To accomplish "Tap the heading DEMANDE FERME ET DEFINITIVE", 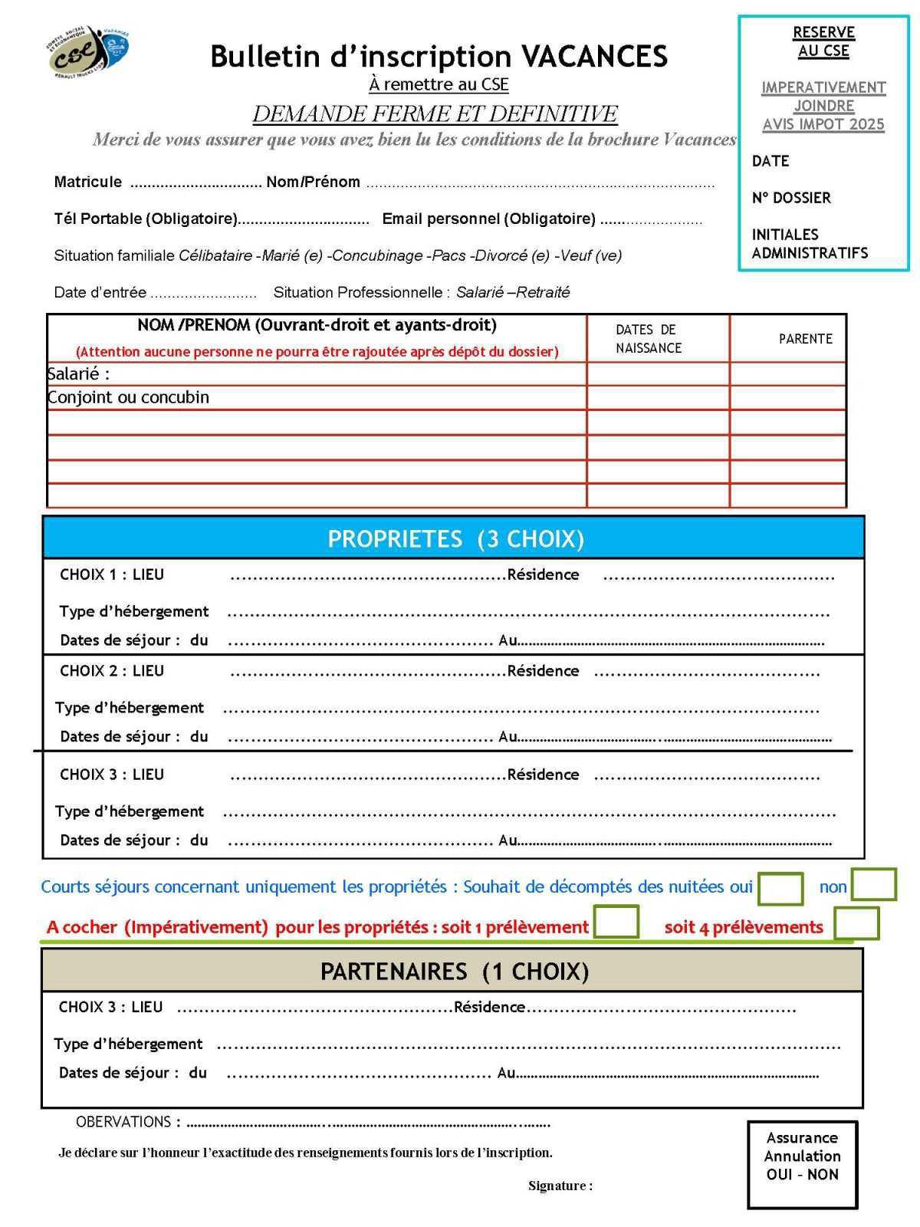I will [x=435, y=114].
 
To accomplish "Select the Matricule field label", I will [x=87, y=183].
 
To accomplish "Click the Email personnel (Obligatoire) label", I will [x=488, y=219].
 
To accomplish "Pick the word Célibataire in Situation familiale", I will [x=215, y=256].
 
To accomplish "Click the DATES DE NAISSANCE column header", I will [x=648, y=339].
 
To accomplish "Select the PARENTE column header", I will [x=805, y=339].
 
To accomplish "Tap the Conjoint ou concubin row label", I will [x=128, y=397].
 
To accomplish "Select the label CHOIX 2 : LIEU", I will [x=112, y=671].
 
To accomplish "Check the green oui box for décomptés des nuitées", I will [x=780, y=888].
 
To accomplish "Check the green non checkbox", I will [x=873, y=884].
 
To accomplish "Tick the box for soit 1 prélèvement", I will [x=616, y=921].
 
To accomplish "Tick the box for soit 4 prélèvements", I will [x=856, y=923].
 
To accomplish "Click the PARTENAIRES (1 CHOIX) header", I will [x=453, y=972].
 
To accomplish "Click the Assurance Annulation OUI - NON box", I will [x=802, y=1164].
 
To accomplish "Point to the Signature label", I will [x=560, y=1186].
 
